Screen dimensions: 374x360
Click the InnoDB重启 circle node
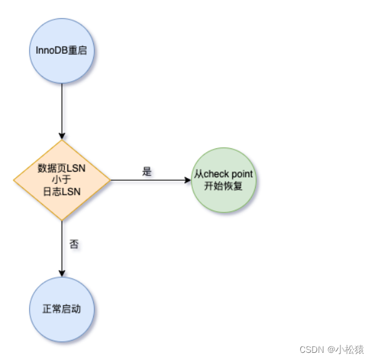[61, 51]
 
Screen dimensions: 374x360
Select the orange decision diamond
[62, 180]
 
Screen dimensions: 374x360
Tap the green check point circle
[224, 180]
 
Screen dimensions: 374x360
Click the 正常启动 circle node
[61, 309]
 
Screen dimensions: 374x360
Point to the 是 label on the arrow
[147, 172]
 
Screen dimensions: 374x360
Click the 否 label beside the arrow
[74, 244]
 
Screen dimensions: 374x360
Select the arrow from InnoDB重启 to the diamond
[62, 111]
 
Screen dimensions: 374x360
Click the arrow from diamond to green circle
[151, 180]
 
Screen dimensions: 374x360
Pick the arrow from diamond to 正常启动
[62, 249]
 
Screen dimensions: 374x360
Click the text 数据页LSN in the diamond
[61, 168]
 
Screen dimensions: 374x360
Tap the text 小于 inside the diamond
[61, 180]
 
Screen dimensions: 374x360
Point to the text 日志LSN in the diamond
[61, 192]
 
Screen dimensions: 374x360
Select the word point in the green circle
[242, 175]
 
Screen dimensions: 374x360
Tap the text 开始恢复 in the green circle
[223, 186]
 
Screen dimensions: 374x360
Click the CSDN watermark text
[312, 350]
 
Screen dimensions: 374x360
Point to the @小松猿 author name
[346, 350]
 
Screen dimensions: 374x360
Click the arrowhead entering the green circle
[188, 180]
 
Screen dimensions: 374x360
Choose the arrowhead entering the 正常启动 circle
[62, 274]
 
